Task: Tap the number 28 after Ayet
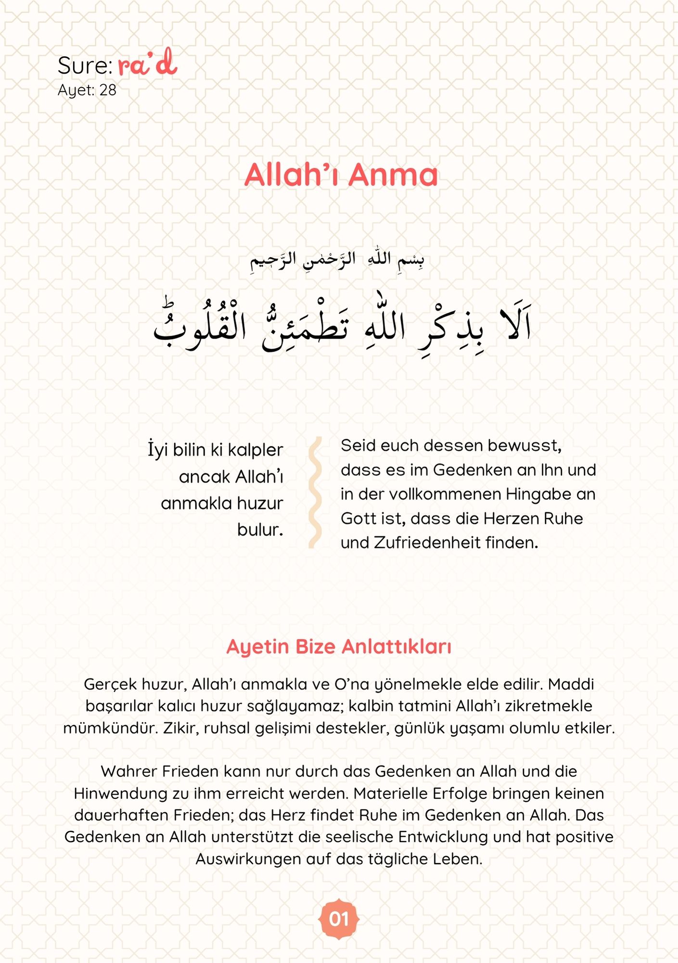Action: pos(108,90)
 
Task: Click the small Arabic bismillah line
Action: pos(337,260)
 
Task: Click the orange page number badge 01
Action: pos(339,919)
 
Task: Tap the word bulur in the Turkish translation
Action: pos(259,530)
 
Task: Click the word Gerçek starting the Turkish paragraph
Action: pos(106,684)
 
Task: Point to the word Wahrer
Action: pos(128,771)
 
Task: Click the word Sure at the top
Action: pos(85,65)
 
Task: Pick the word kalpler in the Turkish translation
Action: pos(255,450)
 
